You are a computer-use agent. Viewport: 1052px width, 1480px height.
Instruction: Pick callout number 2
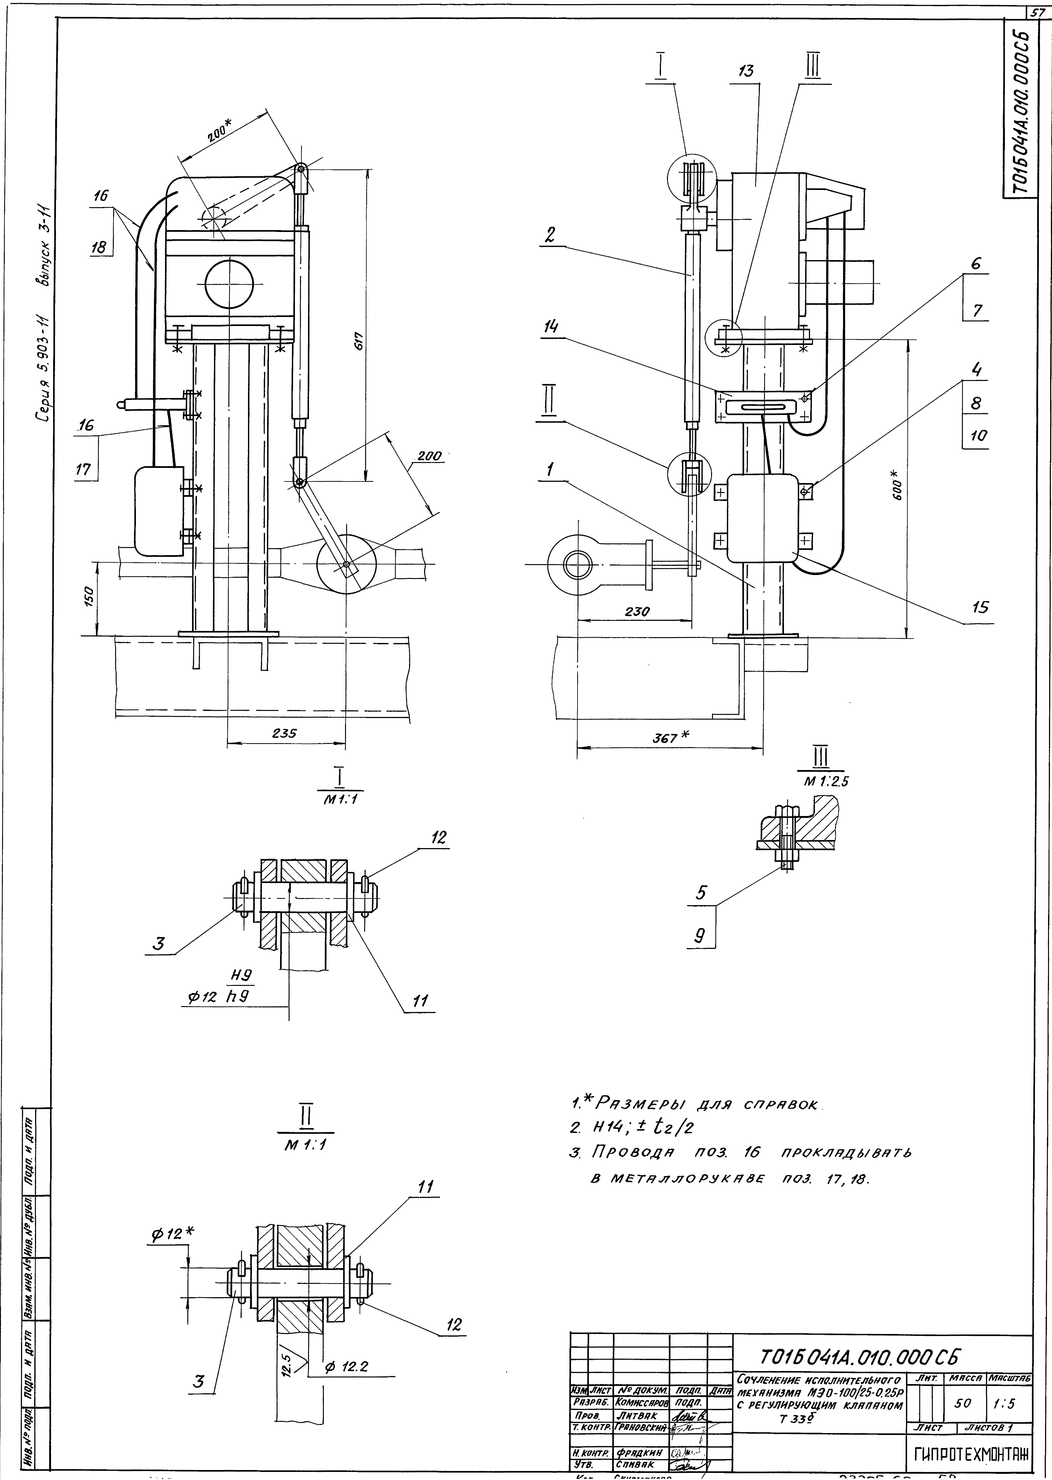coord(550,236)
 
